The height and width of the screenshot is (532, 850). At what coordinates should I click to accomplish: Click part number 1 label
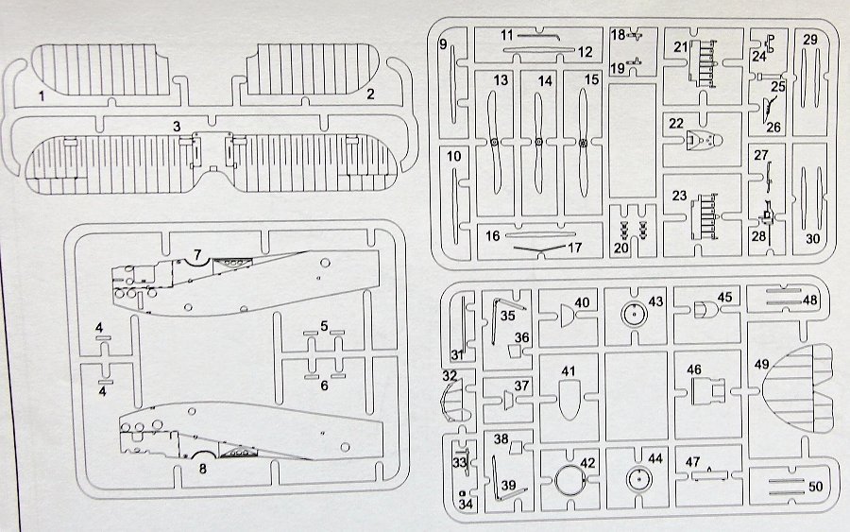[x=41, y=95]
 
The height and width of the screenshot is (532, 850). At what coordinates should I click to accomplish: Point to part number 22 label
[x=676, y=123]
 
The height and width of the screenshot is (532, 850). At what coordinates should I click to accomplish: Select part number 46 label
[x=694, y=369]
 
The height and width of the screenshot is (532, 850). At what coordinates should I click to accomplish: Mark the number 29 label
[x=810, y=40]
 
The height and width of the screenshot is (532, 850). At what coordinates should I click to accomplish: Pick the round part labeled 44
[x=638, y=479]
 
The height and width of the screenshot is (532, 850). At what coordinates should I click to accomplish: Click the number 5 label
[x=323, y=326]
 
